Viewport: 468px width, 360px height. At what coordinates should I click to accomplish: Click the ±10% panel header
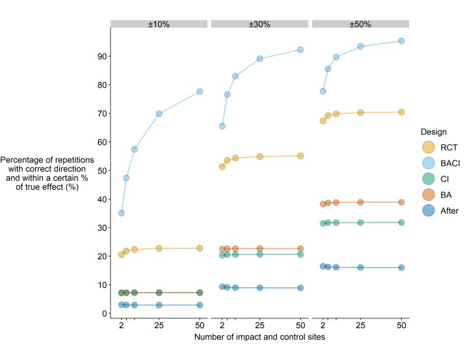point(159,24)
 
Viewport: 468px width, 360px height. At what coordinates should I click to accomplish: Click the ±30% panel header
point(259,24)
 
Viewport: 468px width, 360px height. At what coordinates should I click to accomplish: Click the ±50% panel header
point(360,24)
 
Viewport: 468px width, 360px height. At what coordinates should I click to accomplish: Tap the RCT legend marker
point(429,148)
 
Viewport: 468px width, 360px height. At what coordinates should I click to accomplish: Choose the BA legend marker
point(429,194)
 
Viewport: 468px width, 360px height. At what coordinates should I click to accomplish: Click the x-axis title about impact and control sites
point(259,338)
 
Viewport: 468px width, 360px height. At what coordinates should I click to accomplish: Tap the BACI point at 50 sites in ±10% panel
point(200,92)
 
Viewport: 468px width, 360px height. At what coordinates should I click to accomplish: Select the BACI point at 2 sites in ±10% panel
point(122,213)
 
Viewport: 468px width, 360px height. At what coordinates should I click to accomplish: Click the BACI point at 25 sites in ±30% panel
point(260,58)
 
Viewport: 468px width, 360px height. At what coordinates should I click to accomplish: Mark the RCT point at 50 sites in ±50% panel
point(401,112)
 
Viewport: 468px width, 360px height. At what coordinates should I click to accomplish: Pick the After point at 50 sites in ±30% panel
point(300,288)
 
